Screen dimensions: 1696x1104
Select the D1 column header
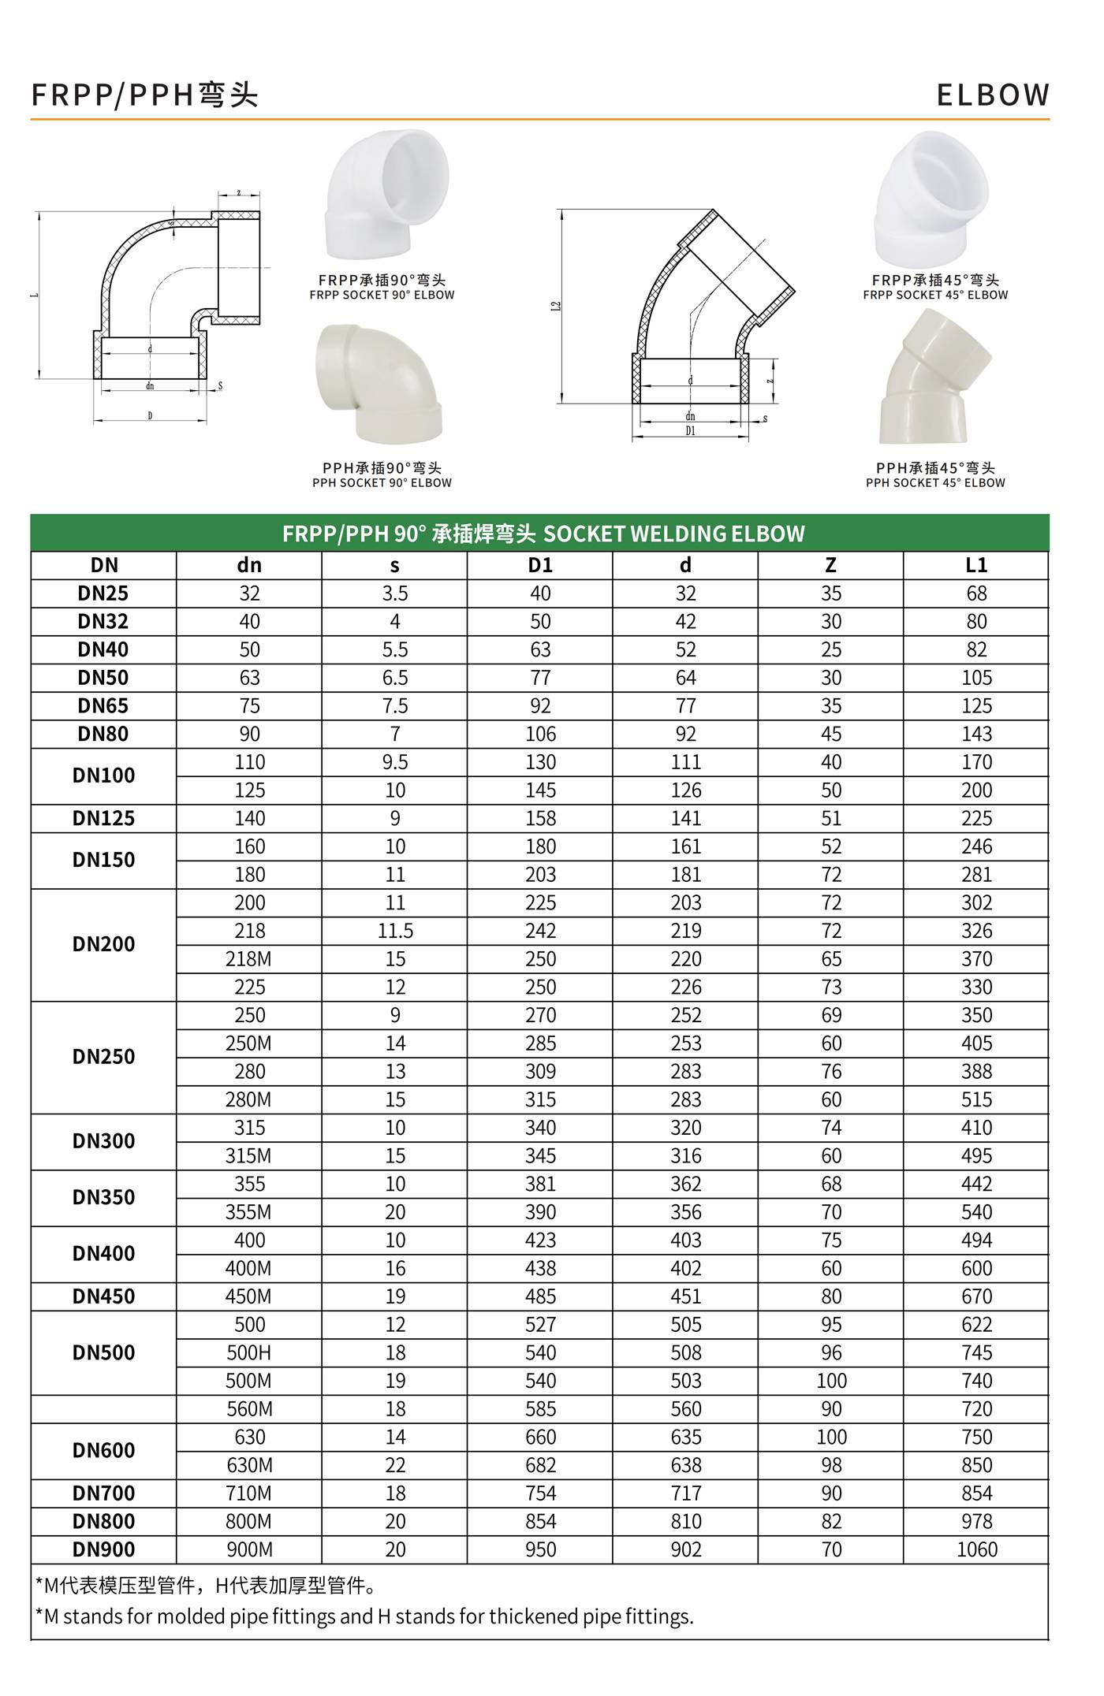tap(540, 565)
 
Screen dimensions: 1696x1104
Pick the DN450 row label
tap(103, 1296)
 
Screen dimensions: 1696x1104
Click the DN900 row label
tap(103, 1549)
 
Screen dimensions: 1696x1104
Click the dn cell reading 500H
tap(249, 1352)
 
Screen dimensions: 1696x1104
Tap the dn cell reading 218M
tap(249, 959)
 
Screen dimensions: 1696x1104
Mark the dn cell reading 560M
tap(249, 1409)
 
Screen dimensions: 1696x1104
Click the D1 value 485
tap(540, 1296)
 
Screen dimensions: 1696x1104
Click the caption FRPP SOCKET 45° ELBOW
tap(935, 296)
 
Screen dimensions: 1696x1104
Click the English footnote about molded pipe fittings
tap(364, 1616)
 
